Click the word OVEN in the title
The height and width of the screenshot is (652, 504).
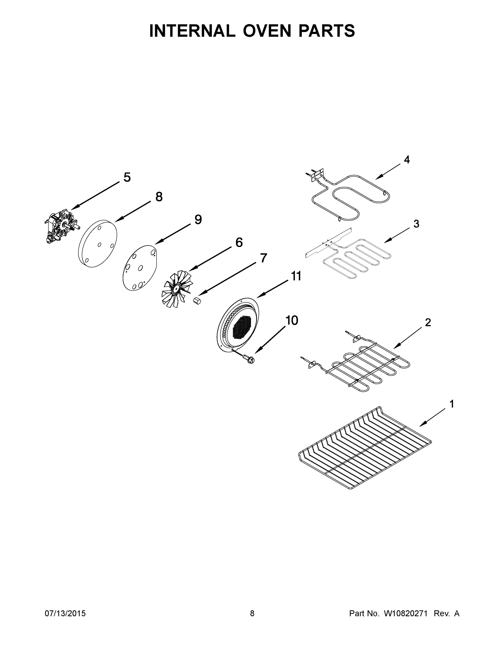click(x=267, y=31)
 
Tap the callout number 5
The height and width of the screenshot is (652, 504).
click(x=127, y=177)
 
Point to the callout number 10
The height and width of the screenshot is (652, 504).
click(x=292, y=321)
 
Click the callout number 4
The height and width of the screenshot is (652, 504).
click(x=407, y=160)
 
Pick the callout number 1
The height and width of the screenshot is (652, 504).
click(x=452, y=404)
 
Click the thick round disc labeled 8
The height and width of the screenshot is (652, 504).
click(x=97, y=244)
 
